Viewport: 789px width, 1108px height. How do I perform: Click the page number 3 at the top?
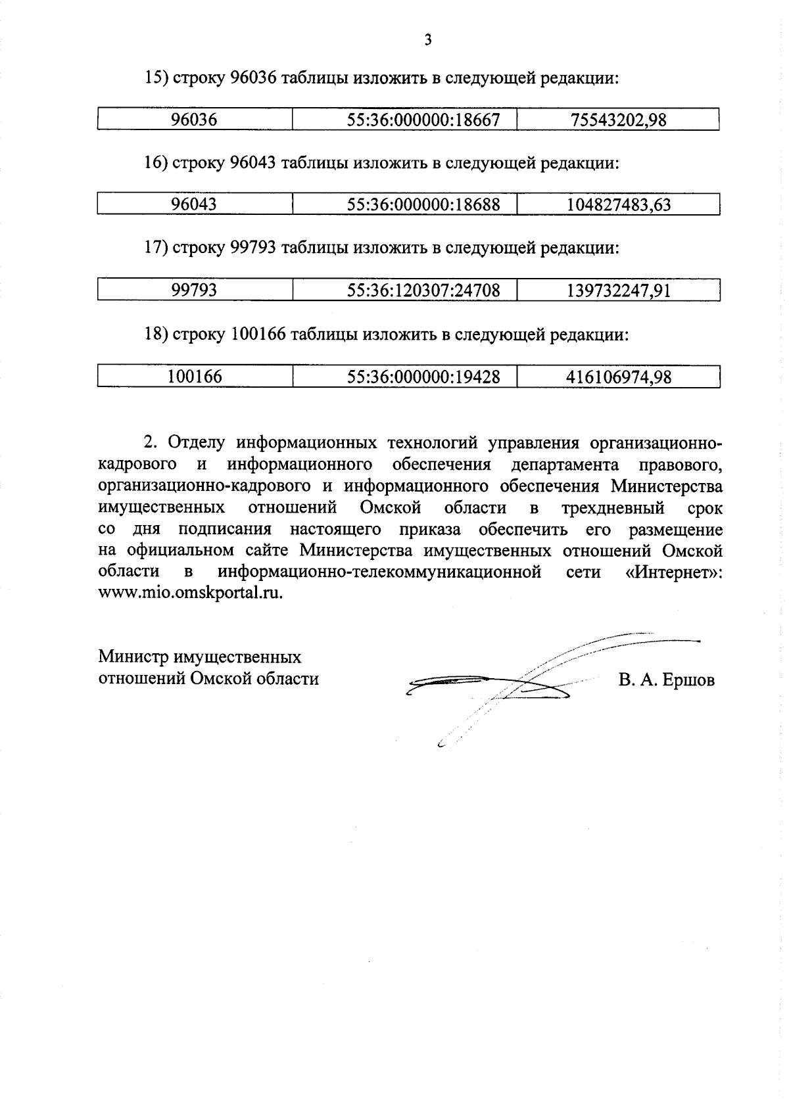click(x=428, y=41)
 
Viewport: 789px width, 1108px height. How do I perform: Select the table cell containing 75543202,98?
click(x=618, y=120)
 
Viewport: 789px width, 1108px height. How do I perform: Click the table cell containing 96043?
click(x=194, y=204)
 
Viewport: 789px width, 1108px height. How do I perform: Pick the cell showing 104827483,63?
click(x=618, y=204)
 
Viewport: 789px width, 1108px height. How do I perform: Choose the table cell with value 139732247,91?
click(x=618, y=290)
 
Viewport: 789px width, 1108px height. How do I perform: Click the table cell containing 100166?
click(x=195, y=377)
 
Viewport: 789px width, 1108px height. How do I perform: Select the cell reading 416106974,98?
click(x=618, y=377)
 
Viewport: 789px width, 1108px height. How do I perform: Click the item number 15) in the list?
click(x=157, y=79)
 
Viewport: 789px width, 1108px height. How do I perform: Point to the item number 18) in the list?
click(x=157, y=335)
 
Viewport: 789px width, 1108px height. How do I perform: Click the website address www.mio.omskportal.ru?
click(x=191, y=592)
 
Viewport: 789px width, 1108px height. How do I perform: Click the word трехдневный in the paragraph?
click(x=613, y=508)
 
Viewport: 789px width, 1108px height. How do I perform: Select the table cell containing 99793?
click(x=194, y=290)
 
